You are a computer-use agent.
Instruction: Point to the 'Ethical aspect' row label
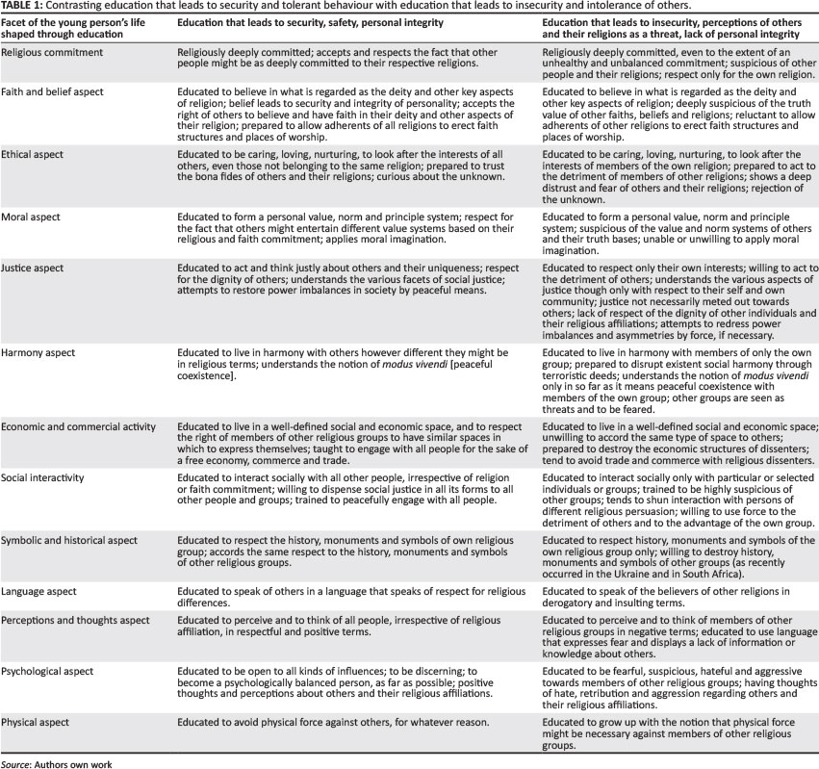(36, 153)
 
